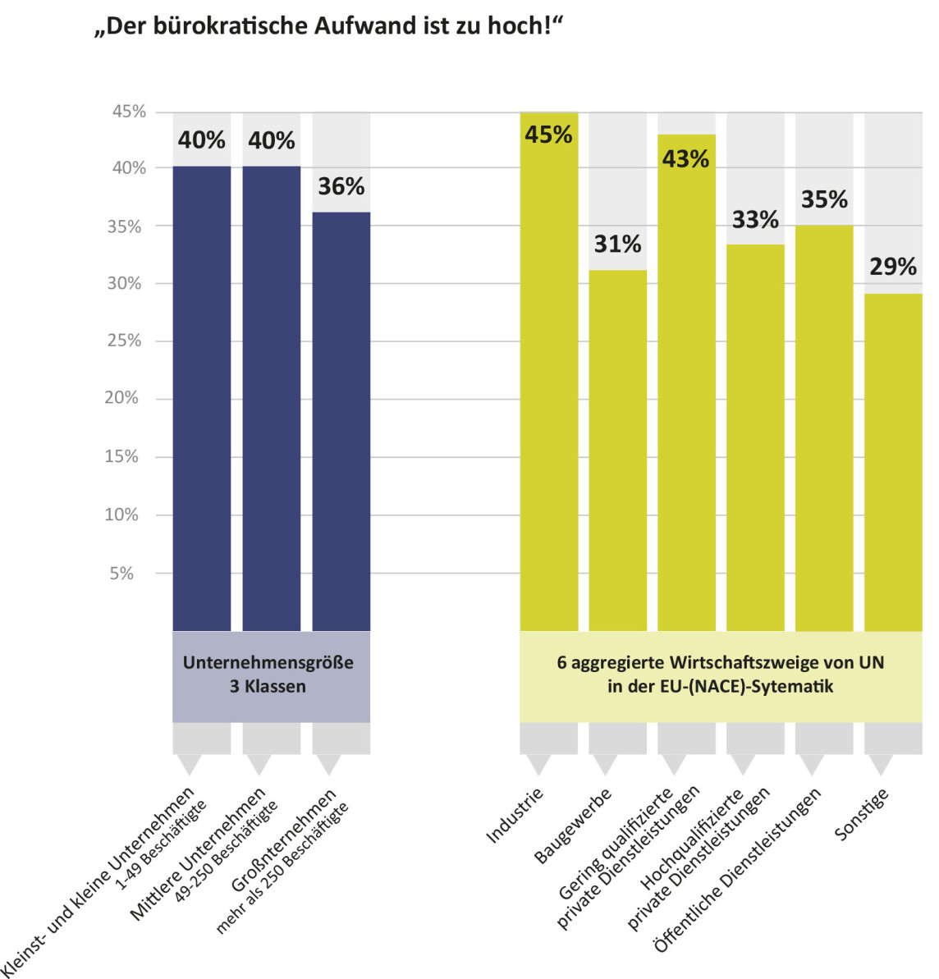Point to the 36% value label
point(341,187)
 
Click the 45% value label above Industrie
point(548,135)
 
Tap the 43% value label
point(685,158)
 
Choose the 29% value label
point(893,267)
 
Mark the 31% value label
point(617,244)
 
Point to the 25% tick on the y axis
point(124,341)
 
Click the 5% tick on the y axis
point(121,574)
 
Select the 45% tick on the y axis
point(129,112)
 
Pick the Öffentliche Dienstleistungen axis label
point(737,870)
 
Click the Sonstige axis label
point(862,814)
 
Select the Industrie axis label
point(515,816)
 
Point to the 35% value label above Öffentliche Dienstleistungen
point(824,199)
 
